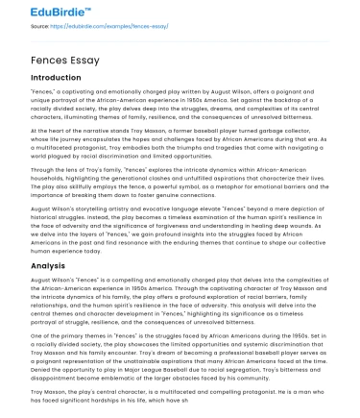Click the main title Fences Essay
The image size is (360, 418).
[66, 57]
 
